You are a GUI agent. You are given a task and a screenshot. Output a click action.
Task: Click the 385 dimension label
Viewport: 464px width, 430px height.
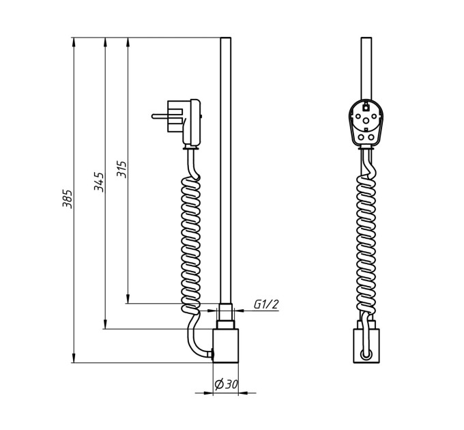tap(67, 199)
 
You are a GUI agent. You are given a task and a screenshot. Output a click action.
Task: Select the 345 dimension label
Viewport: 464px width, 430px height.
tap(99, 182)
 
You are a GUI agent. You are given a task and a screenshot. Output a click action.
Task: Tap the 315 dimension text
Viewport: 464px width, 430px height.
tap(121, 169)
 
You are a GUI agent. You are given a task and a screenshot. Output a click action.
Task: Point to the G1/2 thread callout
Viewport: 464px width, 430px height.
tap(266, 304)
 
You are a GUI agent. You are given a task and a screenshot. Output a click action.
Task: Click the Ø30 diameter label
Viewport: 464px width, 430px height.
tap(226, 384)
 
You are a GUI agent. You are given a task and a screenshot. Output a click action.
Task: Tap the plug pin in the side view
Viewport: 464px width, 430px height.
tap(160, 116)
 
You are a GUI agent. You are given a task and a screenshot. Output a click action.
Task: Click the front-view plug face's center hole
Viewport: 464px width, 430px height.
tap(366, 120)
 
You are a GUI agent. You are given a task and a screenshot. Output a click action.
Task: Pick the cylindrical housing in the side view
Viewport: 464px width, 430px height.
tap(226, 345)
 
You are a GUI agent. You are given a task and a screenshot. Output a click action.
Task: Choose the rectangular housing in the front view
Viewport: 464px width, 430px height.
tap(366, 345)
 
